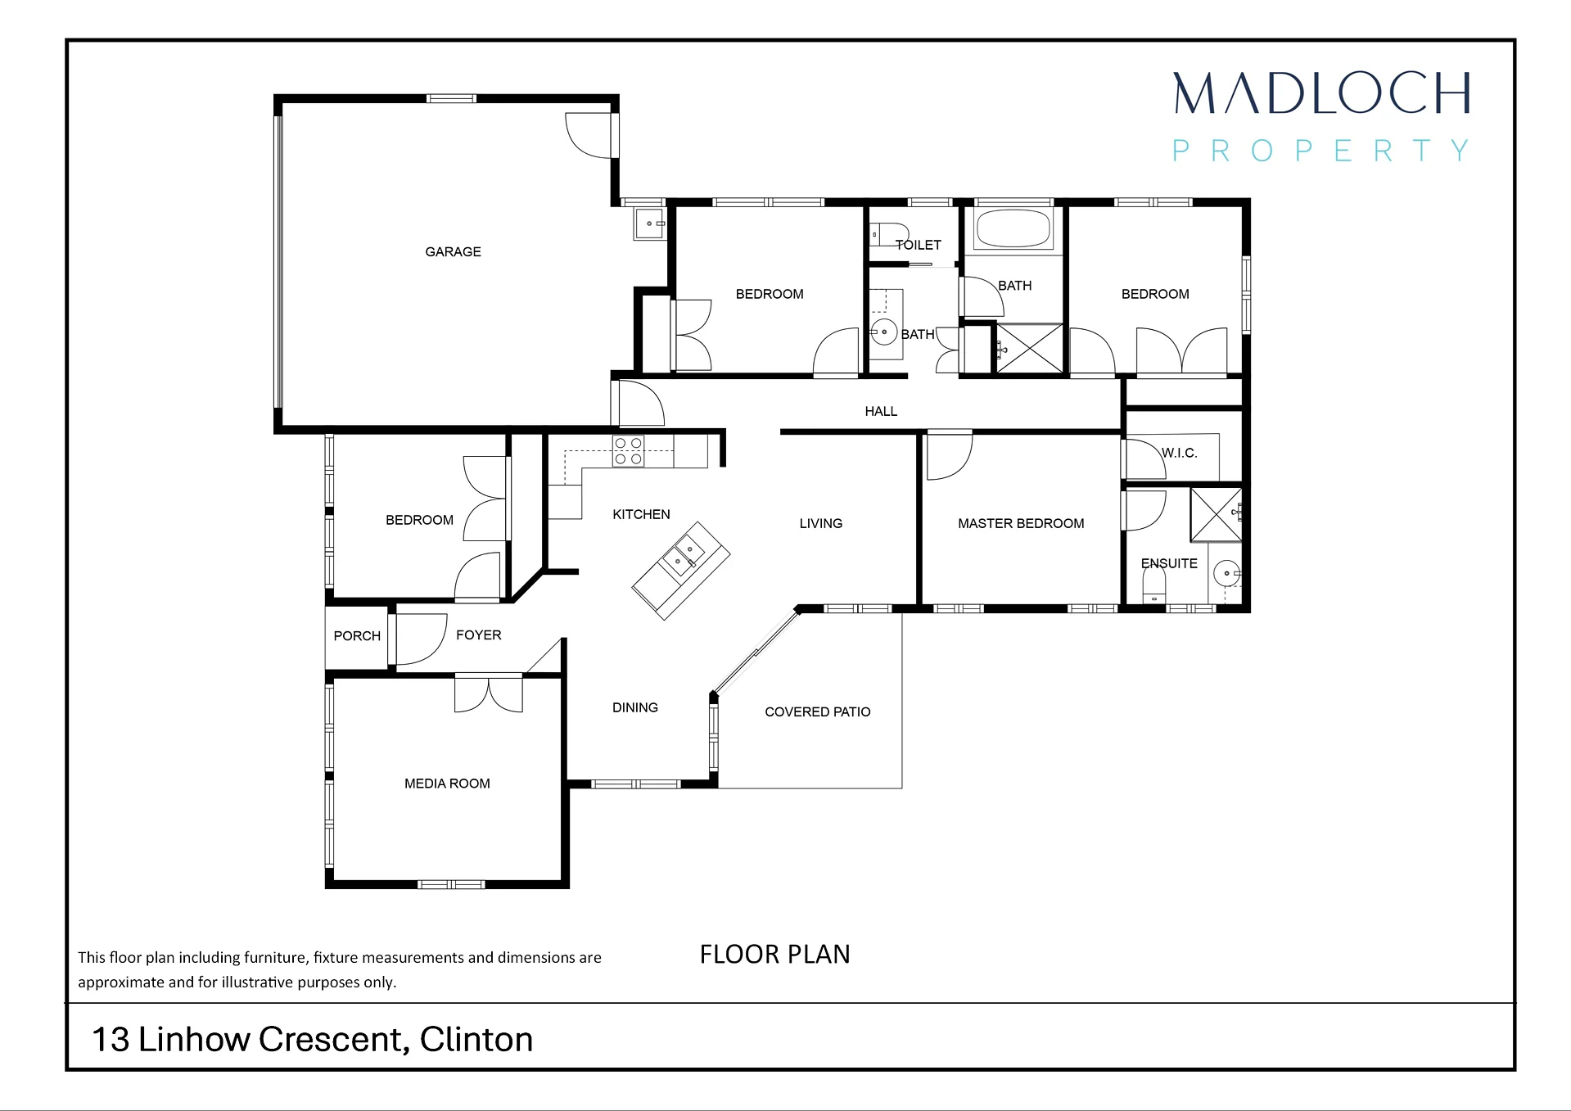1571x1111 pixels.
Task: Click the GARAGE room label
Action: tap(453, 252)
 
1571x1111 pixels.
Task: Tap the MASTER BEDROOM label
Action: tap(1021, 524)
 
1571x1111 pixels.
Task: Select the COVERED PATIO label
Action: tap(817, 712)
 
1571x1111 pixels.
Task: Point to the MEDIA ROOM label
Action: tap(447, 784)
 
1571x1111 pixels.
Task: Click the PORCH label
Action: tap(357, 636)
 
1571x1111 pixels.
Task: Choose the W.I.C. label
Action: tap(1180, 453)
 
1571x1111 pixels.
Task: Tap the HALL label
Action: tap(881, 411)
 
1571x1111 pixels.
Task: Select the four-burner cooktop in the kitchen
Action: tap(628, 451)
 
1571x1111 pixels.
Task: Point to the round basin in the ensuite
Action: tap(1226, 573)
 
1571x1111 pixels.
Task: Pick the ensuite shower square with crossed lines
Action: tap(1216, 514)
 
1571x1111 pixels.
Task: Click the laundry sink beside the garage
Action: tap(651, 223)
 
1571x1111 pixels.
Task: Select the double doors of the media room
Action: tap(489, 694)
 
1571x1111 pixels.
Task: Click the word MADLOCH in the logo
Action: tap(1321, 93)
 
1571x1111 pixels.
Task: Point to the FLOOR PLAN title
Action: tap(774, 955)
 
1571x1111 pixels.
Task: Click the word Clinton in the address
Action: tap(476, 1040)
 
